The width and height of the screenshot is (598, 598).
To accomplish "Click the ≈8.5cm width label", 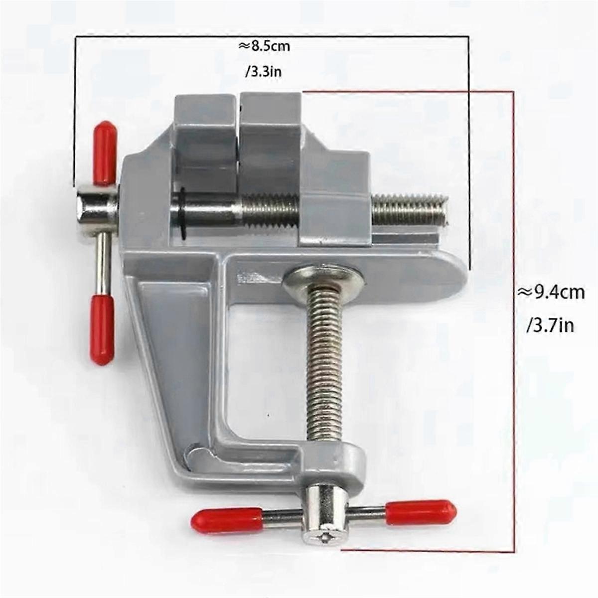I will click(x=264, y=47).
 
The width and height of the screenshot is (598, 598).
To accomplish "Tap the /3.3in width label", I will click(x=264, y=72).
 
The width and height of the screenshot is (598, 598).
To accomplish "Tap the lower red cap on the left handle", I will click(x=102, y=329).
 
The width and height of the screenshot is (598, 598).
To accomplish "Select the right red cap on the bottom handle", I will click(x=421, y=511).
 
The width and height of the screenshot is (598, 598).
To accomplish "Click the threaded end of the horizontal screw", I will click(x=411, y=209).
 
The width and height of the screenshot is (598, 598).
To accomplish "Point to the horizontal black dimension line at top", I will click(x=272, y=36).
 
